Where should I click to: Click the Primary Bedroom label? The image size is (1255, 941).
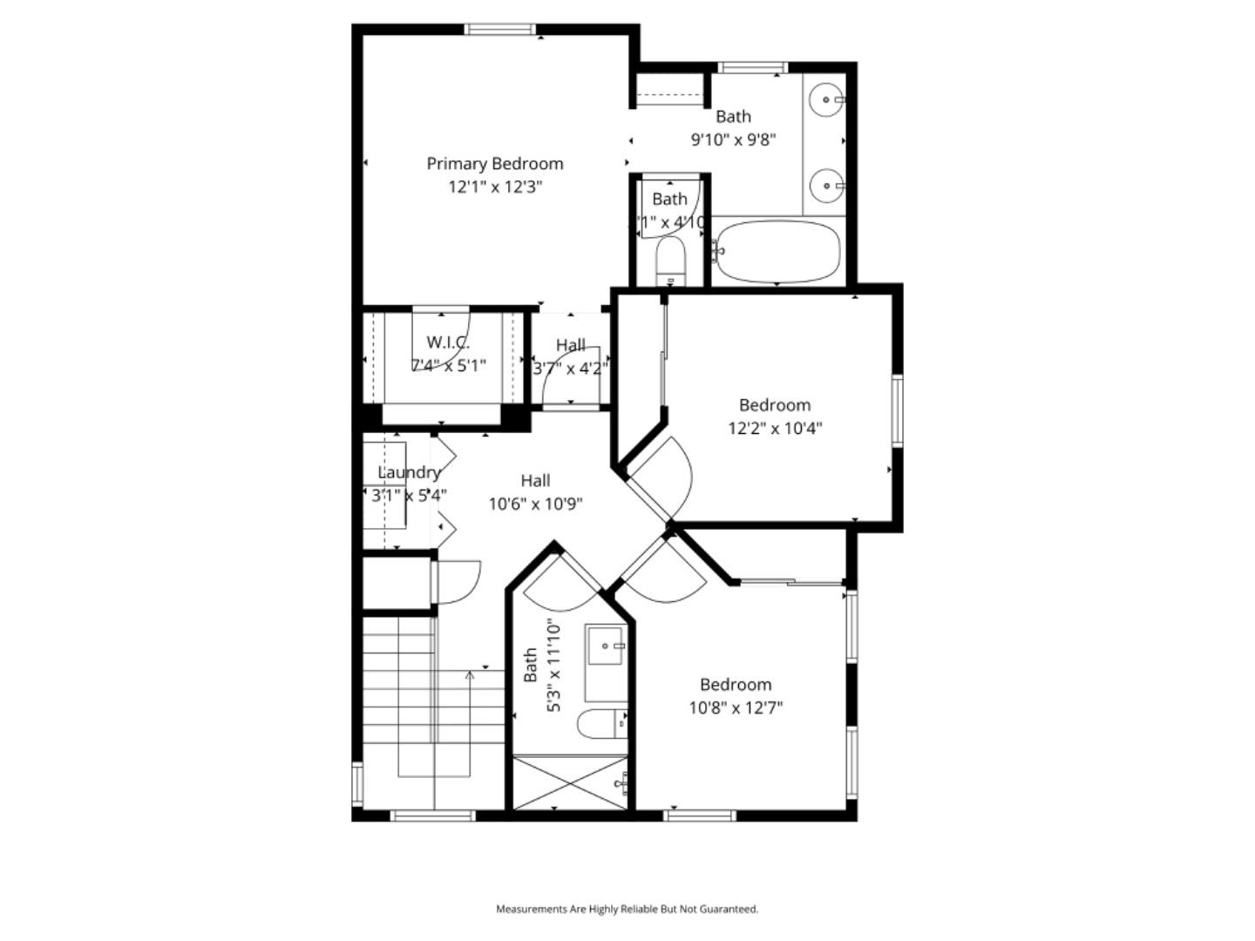click(494, 164)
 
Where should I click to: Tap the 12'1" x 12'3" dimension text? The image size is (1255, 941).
click(495, 186)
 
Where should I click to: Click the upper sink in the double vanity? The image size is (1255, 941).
click(825, 100)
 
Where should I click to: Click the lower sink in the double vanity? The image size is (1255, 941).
click(825, 185)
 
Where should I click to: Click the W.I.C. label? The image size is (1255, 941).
click(448, 342)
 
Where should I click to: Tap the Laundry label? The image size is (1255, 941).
click(409, 473)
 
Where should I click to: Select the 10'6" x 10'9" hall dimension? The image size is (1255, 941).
click(535, 504)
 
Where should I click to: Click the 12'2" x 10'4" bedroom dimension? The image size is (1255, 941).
click(775, 428)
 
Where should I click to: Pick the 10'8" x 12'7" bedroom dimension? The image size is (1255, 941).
click(736, 707)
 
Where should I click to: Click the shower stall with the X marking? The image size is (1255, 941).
click(570, 784)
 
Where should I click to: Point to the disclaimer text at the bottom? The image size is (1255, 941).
click(627, 909)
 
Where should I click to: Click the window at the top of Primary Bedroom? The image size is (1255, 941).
click(499, 30)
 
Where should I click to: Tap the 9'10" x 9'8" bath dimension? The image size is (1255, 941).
click(733, 139)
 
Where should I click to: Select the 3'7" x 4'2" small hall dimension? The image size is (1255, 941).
click(570, 369)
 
